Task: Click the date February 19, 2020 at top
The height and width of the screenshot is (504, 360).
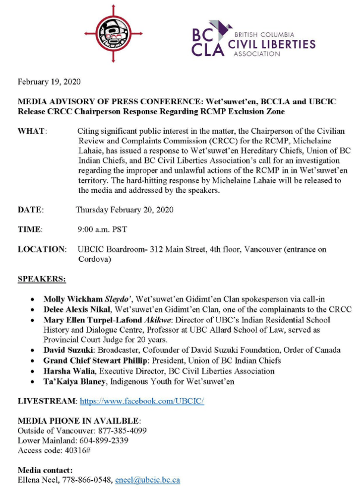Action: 49,82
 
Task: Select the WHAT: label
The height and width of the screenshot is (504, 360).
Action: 32,130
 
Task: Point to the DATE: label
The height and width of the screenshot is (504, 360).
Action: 31,210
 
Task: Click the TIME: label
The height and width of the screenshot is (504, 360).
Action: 30,229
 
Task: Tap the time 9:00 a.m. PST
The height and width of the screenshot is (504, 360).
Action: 102,229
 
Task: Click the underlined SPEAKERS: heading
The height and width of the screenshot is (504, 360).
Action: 42,278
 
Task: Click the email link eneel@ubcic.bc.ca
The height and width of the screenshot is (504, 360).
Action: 148,480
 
